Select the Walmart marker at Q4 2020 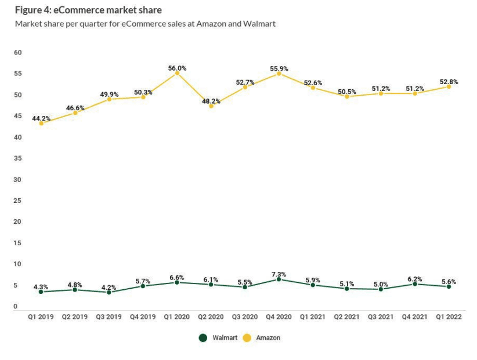pyautogui.click(x=279, y=279)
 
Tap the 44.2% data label pyautogui.click(x=41, y=118)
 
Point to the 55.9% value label pyautogui.click(x=279, y=68)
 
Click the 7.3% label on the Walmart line pyautogui.click(x=279, y=274)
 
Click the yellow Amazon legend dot pyautogui.click(x=248, y=337)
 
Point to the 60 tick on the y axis pyautogui.click(x=18, y=53)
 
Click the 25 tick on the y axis pyautogui.click(x=18, y=201)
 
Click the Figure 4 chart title pyautogui.click(x=89, y=10)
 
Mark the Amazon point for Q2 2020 pyautogui.click(x=211, y=106)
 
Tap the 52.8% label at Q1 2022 pyautogui.click(x=449, y=82)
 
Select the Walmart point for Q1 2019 pyautogui.click(x=41, y=292)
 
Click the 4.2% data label pyautogui.click(x=109, y=287)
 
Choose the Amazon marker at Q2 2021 pyautogui.click(x=347, y=96)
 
